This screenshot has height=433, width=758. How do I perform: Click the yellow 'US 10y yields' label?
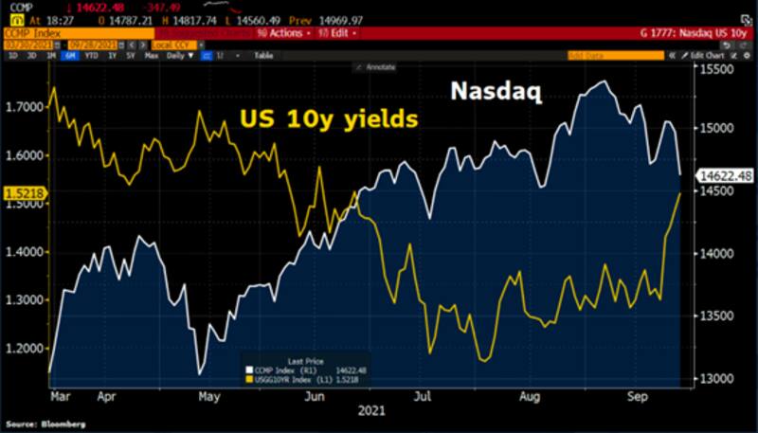coord(327,120)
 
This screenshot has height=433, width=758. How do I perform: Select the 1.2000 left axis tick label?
coord(22,349)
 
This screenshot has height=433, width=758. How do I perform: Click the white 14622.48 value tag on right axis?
coord(726,175)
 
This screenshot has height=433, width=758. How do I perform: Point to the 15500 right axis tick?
coord(718,70)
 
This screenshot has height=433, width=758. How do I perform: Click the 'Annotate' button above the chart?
coord(376,67)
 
